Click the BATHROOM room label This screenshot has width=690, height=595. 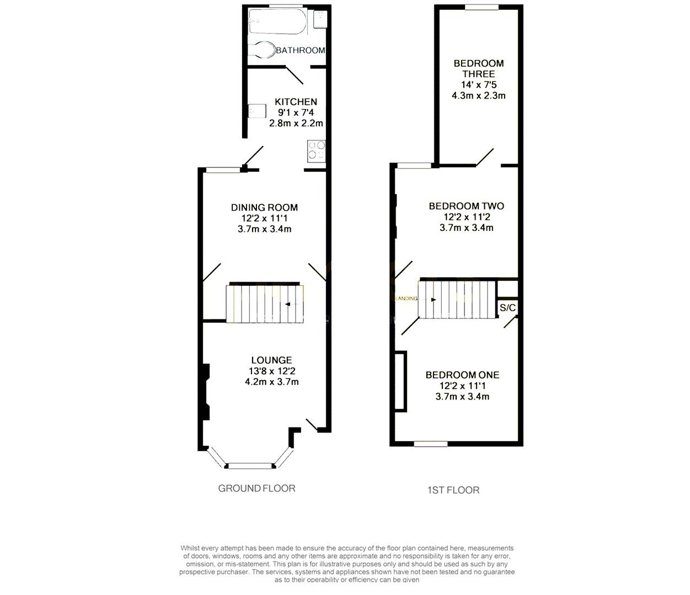tap(301, 50)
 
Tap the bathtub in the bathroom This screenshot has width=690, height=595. tap(277, 21)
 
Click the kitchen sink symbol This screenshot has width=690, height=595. tap(257, 111)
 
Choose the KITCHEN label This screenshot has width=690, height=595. tap(296, 102)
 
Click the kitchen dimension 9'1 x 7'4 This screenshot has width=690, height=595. tap(296, 112)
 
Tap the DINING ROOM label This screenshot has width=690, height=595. tap(264, 208)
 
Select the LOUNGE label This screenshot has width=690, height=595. tap(272, 360)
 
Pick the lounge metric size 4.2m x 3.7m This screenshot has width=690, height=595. tap(272, 382)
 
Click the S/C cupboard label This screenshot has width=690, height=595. tap(508, 307)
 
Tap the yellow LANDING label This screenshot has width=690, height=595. tap(406, 299)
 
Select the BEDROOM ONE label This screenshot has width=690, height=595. tap(462, 375)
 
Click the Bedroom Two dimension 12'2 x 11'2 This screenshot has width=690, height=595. tap(467, 217)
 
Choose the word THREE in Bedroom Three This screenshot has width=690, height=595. tap(478, 74)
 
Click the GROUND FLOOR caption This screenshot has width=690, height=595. tap(256, 489)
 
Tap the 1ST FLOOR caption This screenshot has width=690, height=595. tap(453, 490)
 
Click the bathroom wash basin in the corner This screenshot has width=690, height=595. tap(320, 19)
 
